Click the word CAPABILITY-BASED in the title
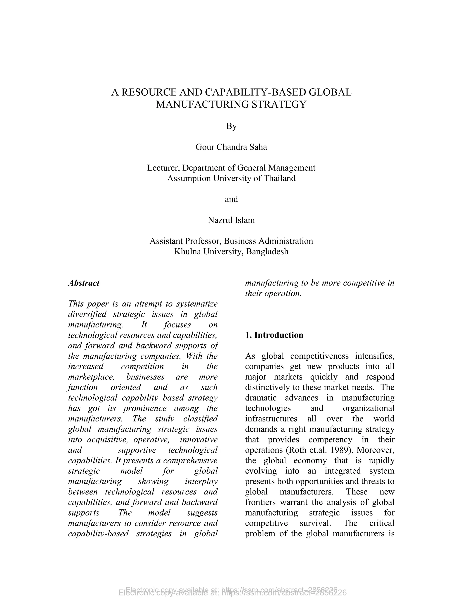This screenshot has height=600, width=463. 256,92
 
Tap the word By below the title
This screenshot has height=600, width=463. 231,126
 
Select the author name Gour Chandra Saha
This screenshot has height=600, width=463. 231,147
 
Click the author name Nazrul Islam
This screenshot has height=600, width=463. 231,220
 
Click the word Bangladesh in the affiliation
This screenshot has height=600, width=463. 267,251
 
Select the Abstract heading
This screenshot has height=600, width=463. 84,283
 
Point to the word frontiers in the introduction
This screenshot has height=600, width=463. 260,502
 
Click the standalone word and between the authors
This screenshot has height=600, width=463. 231,199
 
